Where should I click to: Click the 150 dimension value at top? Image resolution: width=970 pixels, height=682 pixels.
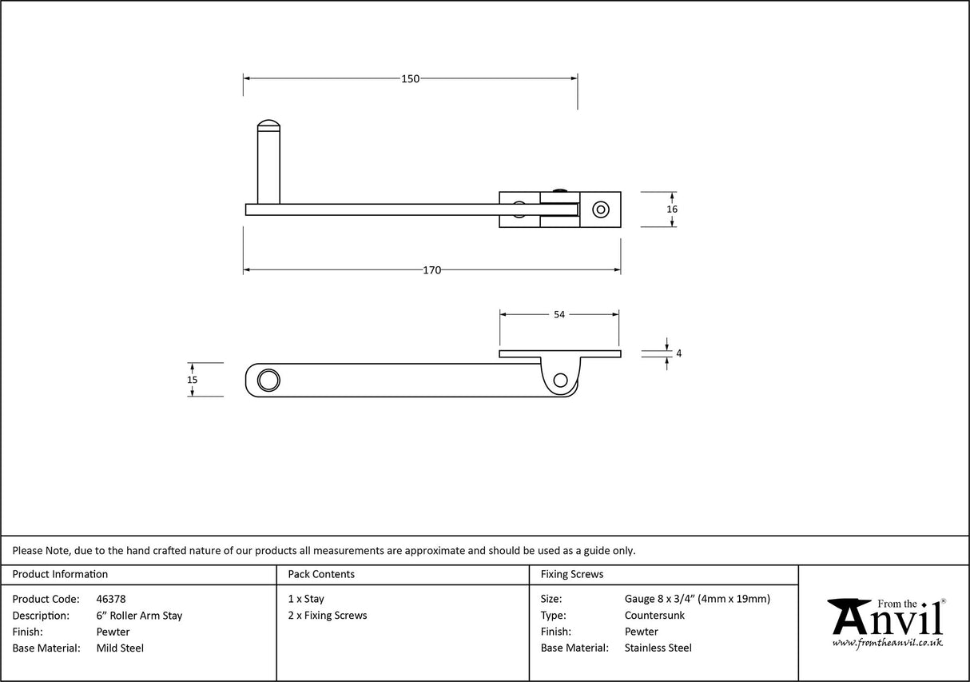click(x=410, y=78)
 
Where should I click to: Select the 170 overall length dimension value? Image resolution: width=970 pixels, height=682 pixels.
click(x=431, y=270)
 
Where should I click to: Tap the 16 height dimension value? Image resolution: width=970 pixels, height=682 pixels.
click(x=672, y=209)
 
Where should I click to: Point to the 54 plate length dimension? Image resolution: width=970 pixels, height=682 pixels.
click(x=559, y=315)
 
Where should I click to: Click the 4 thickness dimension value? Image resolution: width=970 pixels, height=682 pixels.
click(x=678, y=353)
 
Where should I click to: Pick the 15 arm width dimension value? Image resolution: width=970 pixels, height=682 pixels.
click(x=192, y=380)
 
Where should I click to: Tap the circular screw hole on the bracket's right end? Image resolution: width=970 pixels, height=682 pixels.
click(x=599, y=209)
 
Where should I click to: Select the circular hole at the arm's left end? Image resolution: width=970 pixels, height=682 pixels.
click(x=268, y=380)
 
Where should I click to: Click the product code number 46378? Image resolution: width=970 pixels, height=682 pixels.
click(x=110, y=599)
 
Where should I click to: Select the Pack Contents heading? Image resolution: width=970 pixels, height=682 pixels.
click(x=321, y=574)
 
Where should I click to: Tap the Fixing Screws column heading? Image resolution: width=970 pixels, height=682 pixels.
click(x=572, y=574)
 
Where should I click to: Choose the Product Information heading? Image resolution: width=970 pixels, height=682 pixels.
click(x=60, y=574)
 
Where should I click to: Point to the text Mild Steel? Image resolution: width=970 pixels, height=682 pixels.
click(x=120, y=648)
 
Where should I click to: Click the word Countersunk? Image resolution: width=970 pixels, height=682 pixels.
click(x=654, y=616)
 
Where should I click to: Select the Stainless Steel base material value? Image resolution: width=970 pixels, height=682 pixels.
click(x=658, y=648)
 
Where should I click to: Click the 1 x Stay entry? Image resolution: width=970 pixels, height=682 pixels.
click(x=306, y=599)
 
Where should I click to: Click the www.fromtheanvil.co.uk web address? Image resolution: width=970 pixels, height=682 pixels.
click(x=887, y=643)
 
